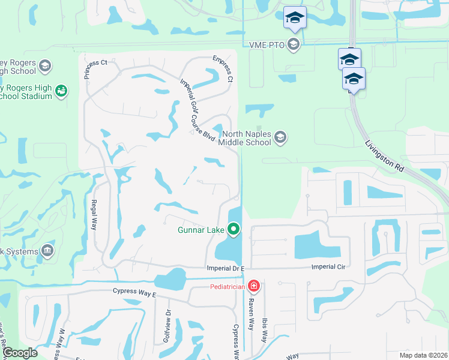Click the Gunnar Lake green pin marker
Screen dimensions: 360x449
click(234, 229)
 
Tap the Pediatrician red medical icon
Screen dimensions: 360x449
click(254, 286)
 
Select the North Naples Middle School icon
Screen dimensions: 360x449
click(280, 139)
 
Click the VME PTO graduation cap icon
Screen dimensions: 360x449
click(294, 44)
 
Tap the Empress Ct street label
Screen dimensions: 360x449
click(222, 68)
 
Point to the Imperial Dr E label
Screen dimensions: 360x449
click(226, 268)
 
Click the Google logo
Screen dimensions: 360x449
click(20, 353)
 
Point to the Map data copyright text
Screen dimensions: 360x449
click(423, 355)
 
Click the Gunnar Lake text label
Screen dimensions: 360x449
click(200, 229)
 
